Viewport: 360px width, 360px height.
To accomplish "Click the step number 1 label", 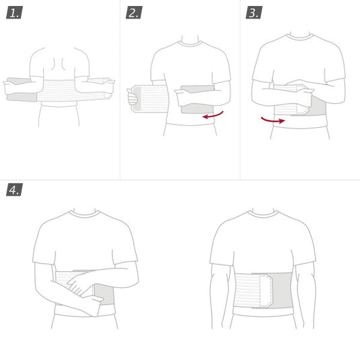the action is [x=14, y=12].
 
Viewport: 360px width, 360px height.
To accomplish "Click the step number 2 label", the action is [x=134, y=12].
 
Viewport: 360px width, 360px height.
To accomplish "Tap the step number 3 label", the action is [x=254, y=12].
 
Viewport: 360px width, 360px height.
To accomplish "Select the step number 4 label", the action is [x=14, y=189].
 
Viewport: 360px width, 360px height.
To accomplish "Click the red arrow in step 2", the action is [x=213, y=116].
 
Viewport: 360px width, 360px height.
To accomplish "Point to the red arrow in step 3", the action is [x=273, y=120].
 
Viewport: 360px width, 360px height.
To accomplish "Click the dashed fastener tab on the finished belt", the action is [x=266, y=291].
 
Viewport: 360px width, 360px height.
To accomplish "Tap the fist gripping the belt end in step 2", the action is [x=133, y=97].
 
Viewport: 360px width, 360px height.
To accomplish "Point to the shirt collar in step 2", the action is [x=190, y=44].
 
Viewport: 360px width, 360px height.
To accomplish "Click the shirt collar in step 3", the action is [x=301, y=37].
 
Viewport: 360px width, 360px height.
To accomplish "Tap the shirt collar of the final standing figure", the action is [x=263, y=215].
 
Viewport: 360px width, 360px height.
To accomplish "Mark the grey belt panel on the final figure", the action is [x=282, y=290].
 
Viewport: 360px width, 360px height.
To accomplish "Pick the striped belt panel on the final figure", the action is [x=247, y=290].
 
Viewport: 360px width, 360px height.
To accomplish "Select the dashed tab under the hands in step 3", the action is [x=303, y=101].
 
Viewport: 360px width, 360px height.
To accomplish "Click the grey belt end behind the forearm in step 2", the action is [x=197, y=100].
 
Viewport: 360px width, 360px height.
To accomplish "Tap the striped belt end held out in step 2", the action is [x=149, y=99].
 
